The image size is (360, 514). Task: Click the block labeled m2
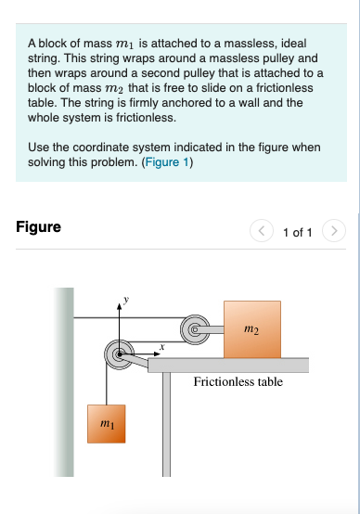251,328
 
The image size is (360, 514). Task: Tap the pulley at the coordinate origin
118,353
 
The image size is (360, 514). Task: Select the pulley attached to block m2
195,328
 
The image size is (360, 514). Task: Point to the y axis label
129,300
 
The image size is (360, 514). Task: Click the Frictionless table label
238,381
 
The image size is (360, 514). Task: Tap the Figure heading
39,226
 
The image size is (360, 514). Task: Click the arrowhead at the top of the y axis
118,302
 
